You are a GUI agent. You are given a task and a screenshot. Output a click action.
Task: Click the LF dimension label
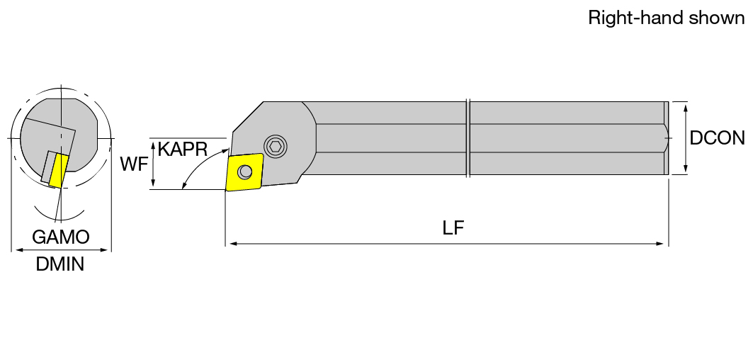453,228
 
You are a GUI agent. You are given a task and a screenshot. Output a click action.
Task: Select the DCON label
718,138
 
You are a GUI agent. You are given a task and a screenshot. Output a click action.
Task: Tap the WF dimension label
134,164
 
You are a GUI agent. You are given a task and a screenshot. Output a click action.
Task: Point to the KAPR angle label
183,150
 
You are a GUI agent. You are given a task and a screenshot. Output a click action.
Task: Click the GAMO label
61,237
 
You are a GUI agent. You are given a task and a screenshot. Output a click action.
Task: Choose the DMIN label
60,264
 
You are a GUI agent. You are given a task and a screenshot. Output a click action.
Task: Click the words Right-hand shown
667,18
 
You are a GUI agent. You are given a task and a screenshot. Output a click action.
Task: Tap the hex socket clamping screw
275,146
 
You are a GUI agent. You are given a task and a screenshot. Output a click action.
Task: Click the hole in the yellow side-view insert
245,171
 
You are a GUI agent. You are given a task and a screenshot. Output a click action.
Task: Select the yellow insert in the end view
59,170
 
